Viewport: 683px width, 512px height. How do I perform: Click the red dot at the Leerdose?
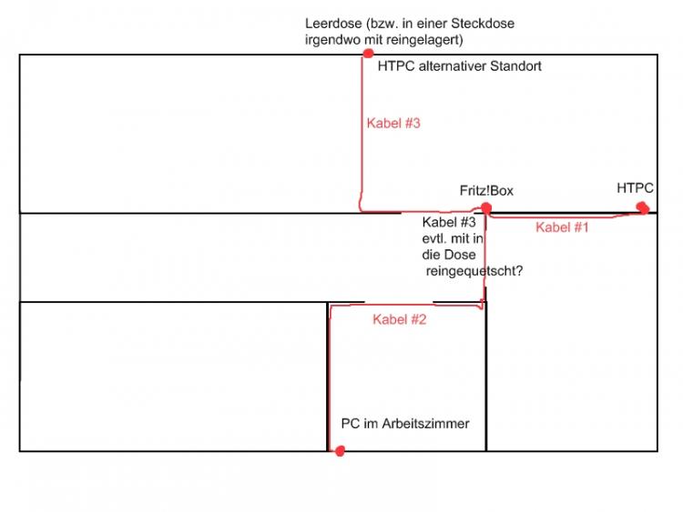[368, 54]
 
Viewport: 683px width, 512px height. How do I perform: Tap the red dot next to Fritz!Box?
[486, 208]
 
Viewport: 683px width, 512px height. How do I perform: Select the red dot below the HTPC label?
[643, 207]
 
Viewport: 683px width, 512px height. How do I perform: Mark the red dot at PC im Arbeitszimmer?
[340, 451]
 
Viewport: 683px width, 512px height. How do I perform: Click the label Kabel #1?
[562, 227]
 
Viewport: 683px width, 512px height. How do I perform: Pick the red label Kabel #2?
[399, 319]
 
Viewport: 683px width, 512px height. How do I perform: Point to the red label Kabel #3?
[393, 123]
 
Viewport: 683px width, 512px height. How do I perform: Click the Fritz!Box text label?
[486, 190]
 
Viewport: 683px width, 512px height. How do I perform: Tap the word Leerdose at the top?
[334, 24]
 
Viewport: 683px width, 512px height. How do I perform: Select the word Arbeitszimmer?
[427, 424]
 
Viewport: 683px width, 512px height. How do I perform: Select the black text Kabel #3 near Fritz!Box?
[449, 222]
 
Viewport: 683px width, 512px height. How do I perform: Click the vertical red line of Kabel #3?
[362, 136]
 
